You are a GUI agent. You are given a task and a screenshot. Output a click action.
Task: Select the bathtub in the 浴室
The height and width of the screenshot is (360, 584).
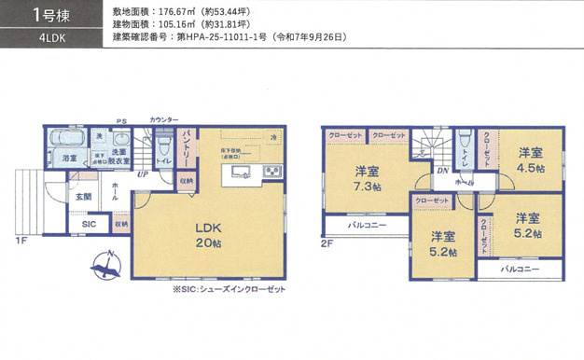click(x=66, y=139)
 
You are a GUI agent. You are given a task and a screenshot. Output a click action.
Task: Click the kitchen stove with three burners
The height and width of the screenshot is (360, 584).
click(x=272, y=172)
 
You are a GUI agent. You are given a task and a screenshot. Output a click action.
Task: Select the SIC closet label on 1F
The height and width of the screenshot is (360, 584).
click(x=89, y=225)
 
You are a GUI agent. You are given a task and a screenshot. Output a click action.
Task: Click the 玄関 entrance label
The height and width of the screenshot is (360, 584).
click(x=84, y=197)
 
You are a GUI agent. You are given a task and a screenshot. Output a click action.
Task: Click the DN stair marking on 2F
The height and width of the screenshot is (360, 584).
click(x=443, y=172)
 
